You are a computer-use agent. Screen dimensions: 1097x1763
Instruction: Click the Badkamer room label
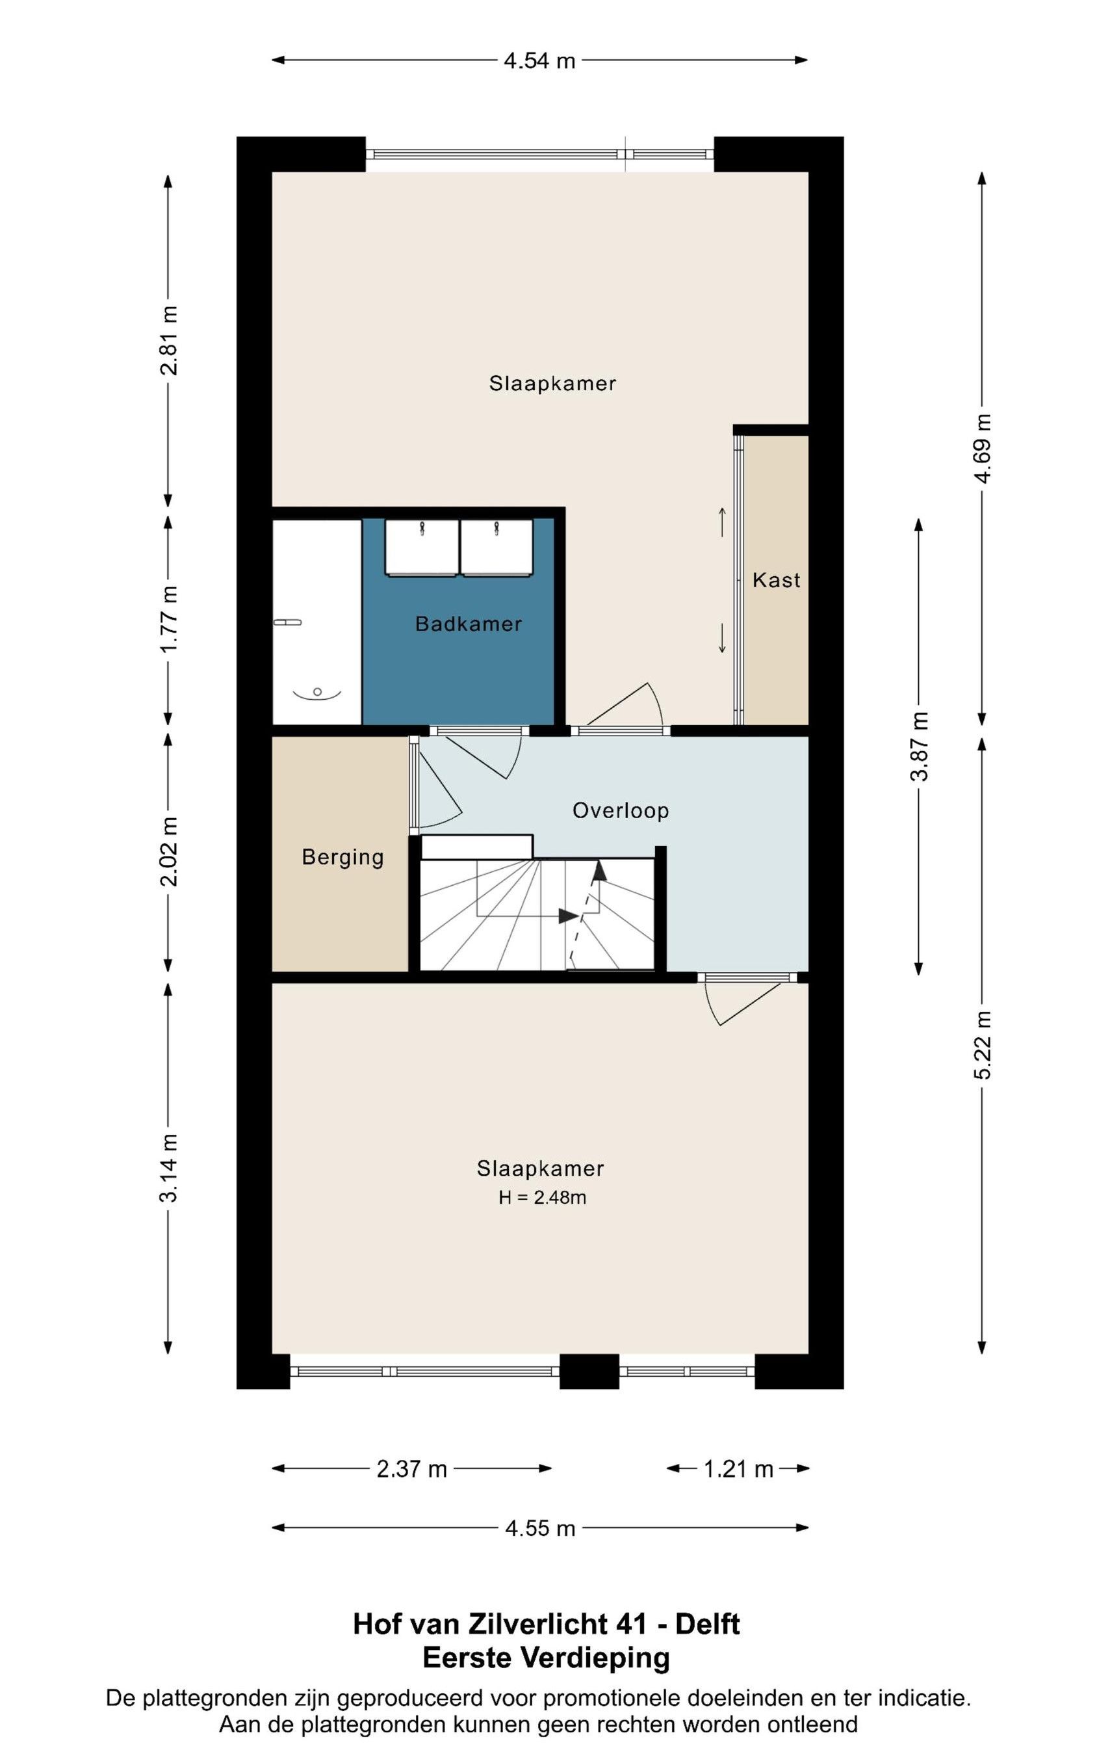pos(469,624)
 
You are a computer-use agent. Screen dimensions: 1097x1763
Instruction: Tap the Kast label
pos(777,580)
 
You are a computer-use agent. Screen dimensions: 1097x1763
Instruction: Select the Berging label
pos(342,857)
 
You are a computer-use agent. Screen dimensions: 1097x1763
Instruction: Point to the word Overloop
pos(621,810)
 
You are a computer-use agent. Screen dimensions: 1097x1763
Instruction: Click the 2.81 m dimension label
pos(169,339)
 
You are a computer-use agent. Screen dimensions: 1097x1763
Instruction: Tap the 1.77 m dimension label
pos(169,619)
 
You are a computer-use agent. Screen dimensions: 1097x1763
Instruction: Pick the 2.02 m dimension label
pos(169,852)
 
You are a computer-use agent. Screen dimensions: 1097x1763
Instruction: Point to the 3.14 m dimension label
pos(169,1168)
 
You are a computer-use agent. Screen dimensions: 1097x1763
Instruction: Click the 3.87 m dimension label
pos(919,747)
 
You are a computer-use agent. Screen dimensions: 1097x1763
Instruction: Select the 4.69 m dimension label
pos(983,449)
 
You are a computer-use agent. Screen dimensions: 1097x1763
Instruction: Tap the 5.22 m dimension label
pos(983,1044)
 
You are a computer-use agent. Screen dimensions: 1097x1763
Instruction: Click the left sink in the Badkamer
pos(422,548)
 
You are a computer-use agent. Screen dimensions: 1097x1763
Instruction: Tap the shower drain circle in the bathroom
pos(317,692)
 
